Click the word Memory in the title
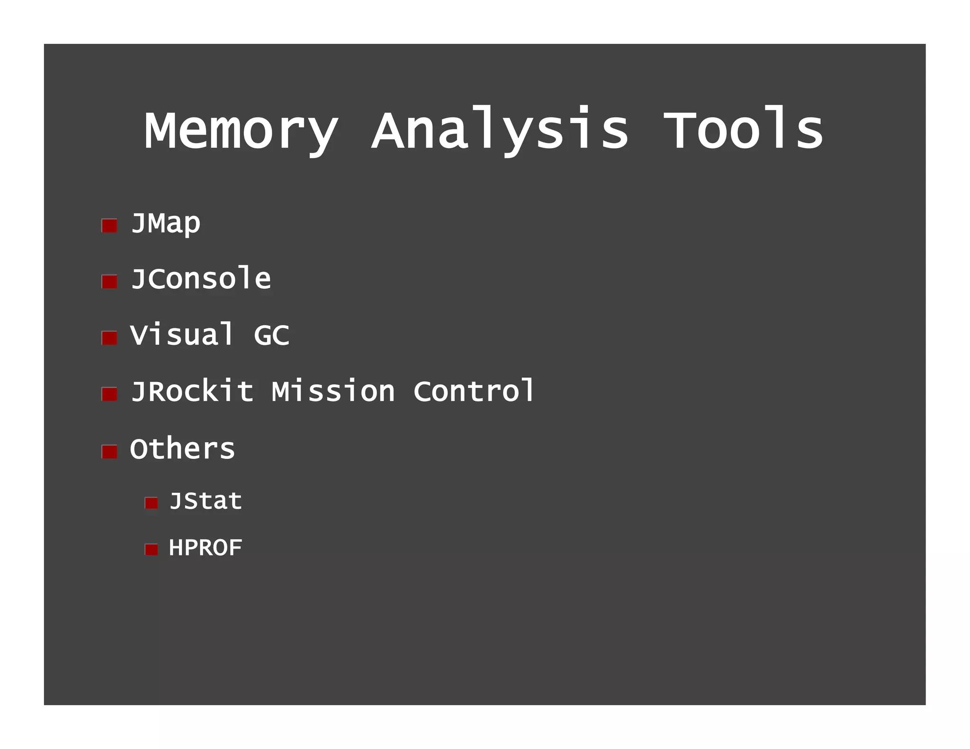(x=242, y=131)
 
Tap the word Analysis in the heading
(x=500, y=131)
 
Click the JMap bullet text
(x=165, y=223)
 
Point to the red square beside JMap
(x=109, y=225)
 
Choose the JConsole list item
(x=201, y=278)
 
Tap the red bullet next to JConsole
(x=109, y=282)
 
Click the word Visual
(x=182, y=335)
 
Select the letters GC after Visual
(x=271, y=335)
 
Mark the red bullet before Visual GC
(x=109, y=338)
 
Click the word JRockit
(x=192, y=392)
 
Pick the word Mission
(x=333, y=392)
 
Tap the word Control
(x=474, y=391)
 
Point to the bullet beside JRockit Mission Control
(x=109, y=394)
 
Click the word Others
(x=182, y=448)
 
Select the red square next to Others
(x=109, y=452)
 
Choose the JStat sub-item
(x=206, y=501)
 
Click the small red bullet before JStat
(x=151, y=503)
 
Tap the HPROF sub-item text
(x=206, y=548)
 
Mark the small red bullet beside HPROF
(x=151, y=549)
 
